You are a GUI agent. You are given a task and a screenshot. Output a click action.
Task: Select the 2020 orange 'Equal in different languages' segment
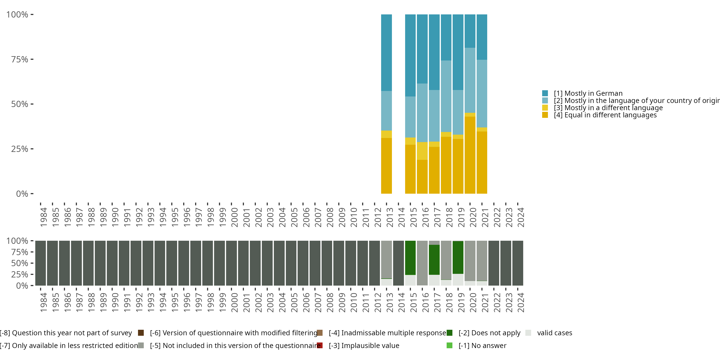point(470,155)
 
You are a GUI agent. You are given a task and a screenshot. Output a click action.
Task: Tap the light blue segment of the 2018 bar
point(446,96)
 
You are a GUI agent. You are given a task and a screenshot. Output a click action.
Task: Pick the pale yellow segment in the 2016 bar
point(422,151)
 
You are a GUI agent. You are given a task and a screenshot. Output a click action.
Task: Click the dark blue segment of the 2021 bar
point(482,37)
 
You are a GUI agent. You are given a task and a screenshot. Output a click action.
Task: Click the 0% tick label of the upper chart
point(22,194)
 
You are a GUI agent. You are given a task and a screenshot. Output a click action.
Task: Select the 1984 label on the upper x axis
point(43,217)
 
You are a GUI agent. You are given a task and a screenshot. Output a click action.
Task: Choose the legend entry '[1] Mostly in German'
point(588,93)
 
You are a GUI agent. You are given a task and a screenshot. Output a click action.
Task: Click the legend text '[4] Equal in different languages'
point(605,115)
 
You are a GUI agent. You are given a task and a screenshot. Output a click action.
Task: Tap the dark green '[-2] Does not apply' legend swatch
point(450,333)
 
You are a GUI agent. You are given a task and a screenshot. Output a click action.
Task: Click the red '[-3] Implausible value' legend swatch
point(320,345)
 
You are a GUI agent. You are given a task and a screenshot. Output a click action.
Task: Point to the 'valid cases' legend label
point(555,333)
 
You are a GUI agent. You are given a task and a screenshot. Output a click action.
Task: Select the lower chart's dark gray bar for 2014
point(398,263)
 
